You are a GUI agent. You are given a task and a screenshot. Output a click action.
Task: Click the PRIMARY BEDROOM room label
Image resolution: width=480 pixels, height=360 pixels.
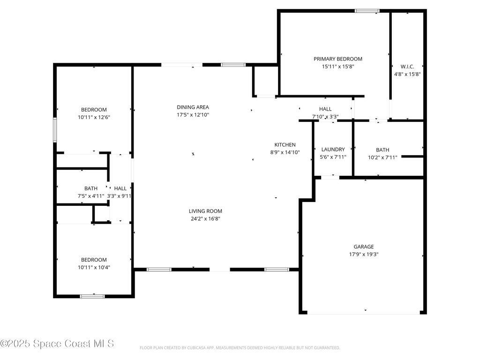337,59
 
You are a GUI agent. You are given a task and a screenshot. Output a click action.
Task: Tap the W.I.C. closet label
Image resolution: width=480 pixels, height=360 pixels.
407,67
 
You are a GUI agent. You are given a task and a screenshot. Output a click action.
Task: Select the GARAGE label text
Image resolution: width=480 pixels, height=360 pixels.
363,247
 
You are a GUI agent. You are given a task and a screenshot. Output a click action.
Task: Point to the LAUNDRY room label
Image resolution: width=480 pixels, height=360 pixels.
333,150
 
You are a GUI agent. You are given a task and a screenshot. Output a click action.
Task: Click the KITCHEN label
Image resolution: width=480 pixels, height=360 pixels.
285,145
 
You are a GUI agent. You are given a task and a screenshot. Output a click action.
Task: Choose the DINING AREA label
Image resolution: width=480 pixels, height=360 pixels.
193,107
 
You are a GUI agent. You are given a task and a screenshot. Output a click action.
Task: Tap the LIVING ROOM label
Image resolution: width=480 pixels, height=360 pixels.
205,211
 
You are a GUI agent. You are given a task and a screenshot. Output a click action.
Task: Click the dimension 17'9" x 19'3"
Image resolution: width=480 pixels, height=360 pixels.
363,254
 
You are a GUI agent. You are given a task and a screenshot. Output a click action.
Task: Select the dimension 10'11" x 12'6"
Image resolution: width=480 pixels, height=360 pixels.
94,117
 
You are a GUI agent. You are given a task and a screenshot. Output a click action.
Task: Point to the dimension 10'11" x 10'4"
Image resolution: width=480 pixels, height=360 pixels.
94,267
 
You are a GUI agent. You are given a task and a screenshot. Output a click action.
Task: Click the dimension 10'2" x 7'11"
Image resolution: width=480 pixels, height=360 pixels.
382,157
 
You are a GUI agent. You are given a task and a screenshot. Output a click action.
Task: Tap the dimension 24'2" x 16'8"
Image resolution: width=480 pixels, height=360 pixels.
205,218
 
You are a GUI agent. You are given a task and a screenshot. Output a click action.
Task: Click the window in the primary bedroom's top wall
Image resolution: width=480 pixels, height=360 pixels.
367,11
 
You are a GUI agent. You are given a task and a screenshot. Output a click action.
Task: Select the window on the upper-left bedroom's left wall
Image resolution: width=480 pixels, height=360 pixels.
55,129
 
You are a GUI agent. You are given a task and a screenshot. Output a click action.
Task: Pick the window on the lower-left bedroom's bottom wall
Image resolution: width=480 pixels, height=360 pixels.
92,296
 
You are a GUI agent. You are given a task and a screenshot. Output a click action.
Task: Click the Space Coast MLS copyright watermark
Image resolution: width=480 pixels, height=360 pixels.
57,344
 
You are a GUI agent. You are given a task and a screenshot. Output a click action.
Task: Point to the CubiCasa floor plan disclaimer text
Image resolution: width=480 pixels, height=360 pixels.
240,348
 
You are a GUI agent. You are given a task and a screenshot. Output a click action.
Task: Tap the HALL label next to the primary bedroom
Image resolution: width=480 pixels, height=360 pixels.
325,109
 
